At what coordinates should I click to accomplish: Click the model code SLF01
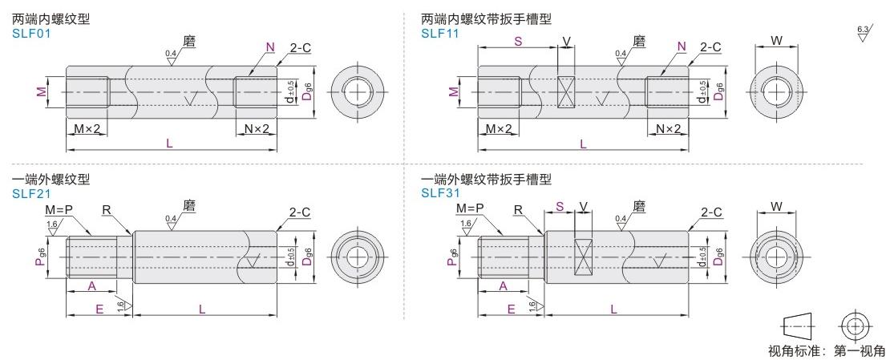click(30, 33)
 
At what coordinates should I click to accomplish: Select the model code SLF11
click(439, 33)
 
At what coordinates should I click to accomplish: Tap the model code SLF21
click(30, 192)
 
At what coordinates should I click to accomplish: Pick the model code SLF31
click(439, 192)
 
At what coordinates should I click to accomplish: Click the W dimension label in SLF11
click(776, 39)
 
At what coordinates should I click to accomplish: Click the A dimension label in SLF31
click(503, 285)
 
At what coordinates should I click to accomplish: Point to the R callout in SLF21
click(106, 210)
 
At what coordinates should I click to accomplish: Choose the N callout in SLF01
click(270, 47)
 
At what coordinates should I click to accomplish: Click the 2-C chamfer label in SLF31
click(710, 212)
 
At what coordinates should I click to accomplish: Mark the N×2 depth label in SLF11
click(668, 129)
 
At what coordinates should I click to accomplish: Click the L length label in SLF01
click(170, 144)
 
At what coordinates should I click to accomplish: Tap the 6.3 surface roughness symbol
click(863, 33)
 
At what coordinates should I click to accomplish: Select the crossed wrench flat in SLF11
click(566, 92)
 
